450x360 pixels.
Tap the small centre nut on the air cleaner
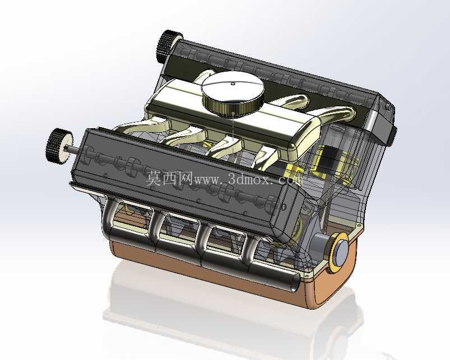point(233,84)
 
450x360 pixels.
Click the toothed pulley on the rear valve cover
point(169,46)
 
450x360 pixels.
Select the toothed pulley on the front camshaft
point(59,146)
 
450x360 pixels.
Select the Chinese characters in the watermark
point(169,178)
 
